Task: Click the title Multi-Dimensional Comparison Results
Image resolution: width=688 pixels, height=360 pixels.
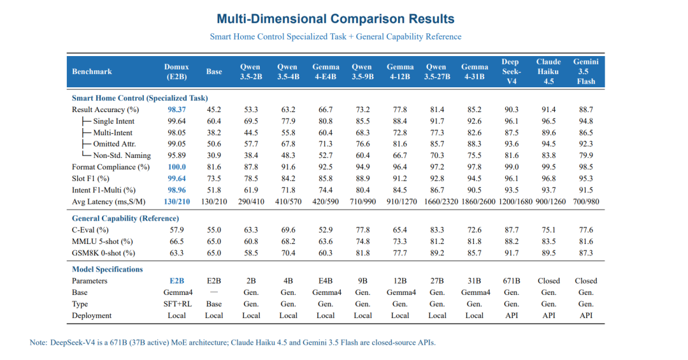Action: coord(336,19)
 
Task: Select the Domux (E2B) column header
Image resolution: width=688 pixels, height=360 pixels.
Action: coord(176,71)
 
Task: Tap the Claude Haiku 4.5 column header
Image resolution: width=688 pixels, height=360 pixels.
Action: coord(548,71)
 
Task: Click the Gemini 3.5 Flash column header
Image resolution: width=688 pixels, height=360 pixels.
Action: coord(586,71)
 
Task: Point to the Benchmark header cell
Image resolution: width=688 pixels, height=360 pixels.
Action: coord(92,71)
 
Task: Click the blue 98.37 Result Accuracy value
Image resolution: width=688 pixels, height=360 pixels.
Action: coord(176,110)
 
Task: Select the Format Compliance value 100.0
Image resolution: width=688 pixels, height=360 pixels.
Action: coord(177,168)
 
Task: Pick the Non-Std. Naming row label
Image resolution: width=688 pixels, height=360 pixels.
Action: coord(122,155)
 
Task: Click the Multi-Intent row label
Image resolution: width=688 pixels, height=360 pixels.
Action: coord(113,133)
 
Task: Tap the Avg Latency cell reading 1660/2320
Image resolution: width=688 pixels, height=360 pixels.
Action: coord(441,202)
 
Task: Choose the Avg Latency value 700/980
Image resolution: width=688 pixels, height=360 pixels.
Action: coord(586,202)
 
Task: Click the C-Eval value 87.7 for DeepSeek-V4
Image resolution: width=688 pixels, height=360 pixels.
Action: coord(512,230)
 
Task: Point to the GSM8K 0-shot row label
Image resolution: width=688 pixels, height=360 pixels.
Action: coord(104,254)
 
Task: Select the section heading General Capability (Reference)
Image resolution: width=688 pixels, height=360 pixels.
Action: coord(125,219)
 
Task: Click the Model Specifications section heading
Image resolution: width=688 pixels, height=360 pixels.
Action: coord(108,270)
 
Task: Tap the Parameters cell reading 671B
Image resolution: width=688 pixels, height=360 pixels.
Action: coord(512,281)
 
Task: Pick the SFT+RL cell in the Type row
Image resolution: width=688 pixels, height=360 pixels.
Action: coord(177,304)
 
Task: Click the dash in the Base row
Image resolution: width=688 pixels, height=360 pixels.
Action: coord(213,292)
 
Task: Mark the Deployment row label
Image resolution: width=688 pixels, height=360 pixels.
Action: coord(92,315)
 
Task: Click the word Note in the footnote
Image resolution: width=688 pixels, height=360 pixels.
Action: coord(38,342)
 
